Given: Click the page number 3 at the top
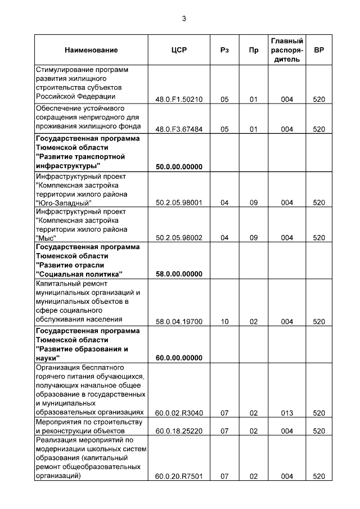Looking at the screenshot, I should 183,19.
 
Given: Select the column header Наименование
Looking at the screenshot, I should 91,50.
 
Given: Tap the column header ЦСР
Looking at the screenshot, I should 178,50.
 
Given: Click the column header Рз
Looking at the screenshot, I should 224,50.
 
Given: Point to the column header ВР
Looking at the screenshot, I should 319,50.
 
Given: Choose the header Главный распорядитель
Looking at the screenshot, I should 287,50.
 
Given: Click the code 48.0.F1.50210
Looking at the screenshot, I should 178,100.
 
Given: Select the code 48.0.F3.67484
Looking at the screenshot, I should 178,129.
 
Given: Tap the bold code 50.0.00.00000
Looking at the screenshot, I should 178,166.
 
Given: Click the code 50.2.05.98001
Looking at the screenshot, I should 178,202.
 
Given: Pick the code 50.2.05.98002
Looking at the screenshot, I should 178,238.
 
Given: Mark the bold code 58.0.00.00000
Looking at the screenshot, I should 178,274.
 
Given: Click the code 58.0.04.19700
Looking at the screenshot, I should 178,322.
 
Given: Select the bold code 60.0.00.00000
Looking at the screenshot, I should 178,358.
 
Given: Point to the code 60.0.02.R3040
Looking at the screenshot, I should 178,413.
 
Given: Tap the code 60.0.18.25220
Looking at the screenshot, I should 178,431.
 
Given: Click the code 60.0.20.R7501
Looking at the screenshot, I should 178,477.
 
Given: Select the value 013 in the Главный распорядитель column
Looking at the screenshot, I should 287,413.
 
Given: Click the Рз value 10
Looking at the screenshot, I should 224,322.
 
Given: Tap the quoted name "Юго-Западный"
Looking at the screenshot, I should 63,202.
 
